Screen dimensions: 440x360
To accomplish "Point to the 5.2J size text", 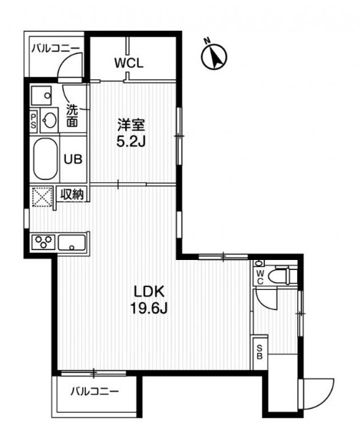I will [131, 141].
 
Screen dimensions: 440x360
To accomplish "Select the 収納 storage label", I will [71, 194].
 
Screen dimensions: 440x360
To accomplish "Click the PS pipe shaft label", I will [34, 120].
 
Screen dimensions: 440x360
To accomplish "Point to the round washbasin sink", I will [51, 119].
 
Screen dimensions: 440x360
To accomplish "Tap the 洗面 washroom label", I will [73, 116].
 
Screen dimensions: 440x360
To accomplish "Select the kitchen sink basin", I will [72, 242].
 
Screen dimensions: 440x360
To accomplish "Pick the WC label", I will [260, 276].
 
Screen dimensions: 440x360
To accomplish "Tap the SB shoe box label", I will [259, 350].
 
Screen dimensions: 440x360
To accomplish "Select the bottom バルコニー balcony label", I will [94, 391].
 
